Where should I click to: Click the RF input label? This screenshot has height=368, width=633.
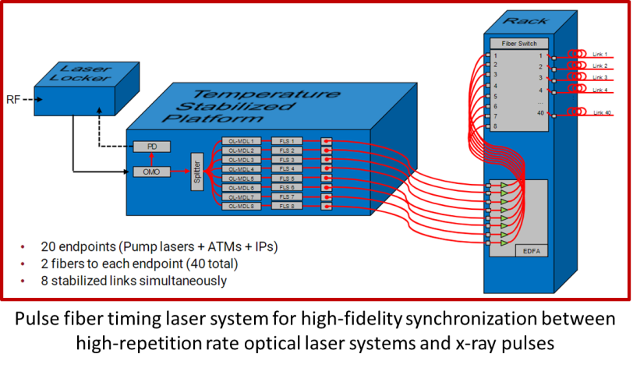pos(14,99)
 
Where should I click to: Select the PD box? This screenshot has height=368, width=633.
pos(151,147)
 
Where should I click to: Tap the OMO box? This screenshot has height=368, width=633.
pos(151,171)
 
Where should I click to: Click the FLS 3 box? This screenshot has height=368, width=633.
pos(286,160)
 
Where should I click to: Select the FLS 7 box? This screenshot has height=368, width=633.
pos(286,197)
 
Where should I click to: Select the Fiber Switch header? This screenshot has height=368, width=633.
pos(519,44)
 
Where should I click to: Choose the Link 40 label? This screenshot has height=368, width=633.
pos(602,113)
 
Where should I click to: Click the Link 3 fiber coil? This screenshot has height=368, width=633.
pos(578,78)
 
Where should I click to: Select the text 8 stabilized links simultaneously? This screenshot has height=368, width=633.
pos(133,280)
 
